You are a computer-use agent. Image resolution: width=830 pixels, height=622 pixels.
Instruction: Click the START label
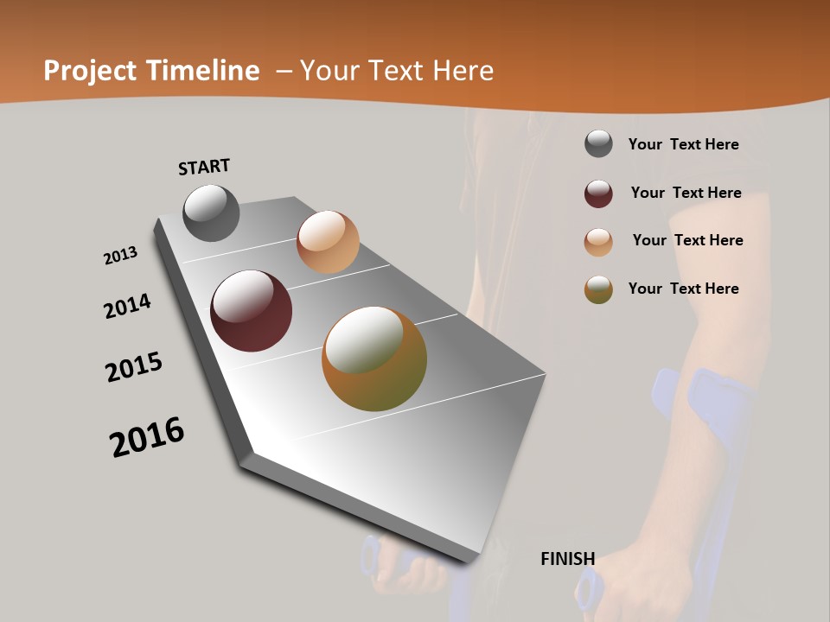point(204,166)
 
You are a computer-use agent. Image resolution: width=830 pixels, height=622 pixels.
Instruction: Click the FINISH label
point(567,559)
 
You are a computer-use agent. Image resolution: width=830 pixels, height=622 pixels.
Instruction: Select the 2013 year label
point(120,256)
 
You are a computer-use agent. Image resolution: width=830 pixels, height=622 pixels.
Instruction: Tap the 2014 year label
point(127,306)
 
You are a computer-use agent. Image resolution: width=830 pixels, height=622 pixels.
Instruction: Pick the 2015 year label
point(134,367)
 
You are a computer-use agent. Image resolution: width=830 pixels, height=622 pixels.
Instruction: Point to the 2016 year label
point(147,437)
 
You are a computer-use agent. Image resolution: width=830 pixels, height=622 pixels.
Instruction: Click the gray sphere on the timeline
point(211,213)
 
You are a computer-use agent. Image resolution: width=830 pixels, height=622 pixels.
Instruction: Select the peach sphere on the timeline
point(328,242)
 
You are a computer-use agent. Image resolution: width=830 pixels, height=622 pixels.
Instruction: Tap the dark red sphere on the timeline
point(251,311)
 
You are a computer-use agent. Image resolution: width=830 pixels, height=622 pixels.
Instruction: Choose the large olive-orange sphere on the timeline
point(374,359)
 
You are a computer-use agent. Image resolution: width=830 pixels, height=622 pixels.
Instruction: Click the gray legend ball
point(598,143)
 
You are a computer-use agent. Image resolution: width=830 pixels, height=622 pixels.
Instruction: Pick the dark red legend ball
point(598,194)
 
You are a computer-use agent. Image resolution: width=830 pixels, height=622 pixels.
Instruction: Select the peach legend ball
point(598,242)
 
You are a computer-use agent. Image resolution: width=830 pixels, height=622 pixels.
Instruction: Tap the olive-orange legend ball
point(598,289)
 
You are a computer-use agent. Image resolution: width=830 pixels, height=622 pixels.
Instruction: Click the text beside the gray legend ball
point(683,144)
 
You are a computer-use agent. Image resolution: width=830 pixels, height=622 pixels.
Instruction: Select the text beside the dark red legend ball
point(686,193)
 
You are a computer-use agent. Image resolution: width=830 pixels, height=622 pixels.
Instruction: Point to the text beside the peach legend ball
point(687,240)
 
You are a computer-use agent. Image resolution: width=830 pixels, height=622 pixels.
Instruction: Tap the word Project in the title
point(89,71)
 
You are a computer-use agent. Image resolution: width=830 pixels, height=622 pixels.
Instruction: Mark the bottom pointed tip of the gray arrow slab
point(467,560)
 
